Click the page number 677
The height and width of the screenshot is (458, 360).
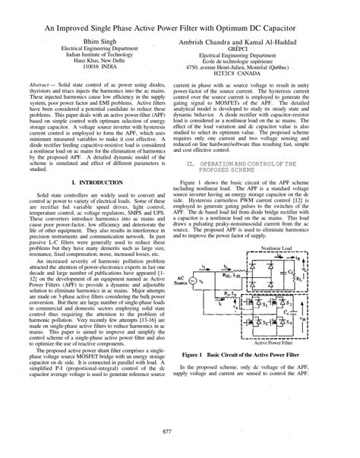tap(180, 431)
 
